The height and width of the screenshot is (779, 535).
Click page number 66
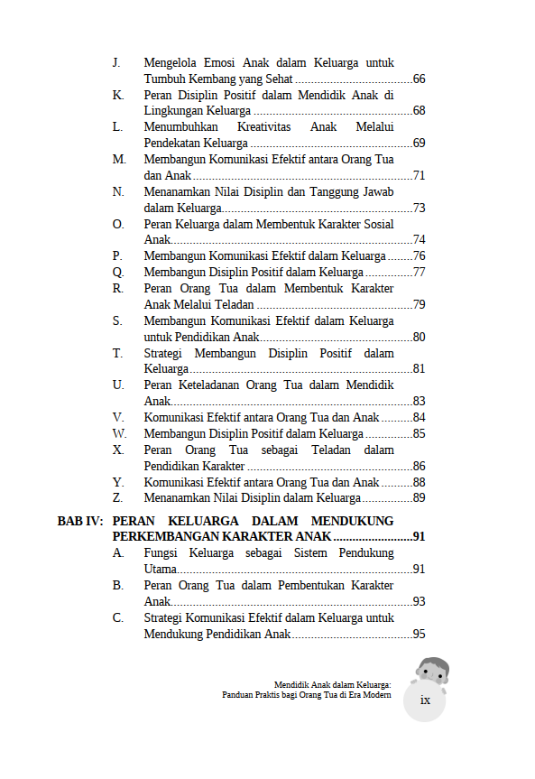click(x=419, y=79)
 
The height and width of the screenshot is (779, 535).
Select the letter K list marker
click(x=118, y=95)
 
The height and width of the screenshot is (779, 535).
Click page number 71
click(x=419, y=175)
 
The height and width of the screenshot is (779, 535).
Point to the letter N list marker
click(x=118, y=191)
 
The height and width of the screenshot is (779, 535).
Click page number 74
click(x=419, y=240)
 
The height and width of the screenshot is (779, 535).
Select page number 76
click(x=419, y=256)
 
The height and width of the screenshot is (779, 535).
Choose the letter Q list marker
click(x=118, y=272)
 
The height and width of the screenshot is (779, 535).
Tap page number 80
click(x=419, y=338)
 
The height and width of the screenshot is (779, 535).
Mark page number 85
click(x=419, y=434)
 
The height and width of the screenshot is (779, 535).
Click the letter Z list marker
click(x=118, y=497)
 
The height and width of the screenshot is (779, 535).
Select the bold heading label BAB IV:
click(x=80, y=521)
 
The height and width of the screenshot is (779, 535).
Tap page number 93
click(x=419, y=602)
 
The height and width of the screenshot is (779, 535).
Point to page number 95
click(x=419, y=635)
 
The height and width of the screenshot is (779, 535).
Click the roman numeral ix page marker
click(x=425, y=701)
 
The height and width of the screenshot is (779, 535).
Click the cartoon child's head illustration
click(x=432, y=671)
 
